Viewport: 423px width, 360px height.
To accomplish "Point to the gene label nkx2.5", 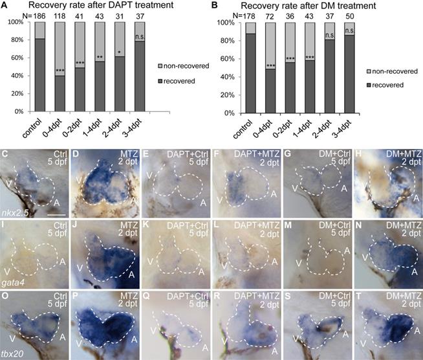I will click(x=16, y=211).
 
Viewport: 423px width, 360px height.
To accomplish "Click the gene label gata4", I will click(x=13, y=282).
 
